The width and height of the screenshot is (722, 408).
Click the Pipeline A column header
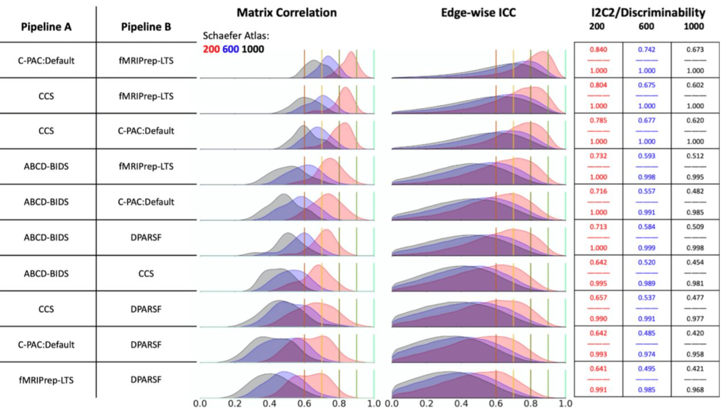pos(46,27)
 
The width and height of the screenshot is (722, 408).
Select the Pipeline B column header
pos(146,27)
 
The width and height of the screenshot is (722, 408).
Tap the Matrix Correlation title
pos(286,13)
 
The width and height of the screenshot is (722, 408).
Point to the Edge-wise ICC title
pos(478,13)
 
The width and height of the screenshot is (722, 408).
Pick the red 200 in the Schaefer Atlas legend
pos(211,49)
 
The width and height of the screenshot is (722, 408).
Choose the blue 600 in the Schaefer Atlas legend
pos(230,49)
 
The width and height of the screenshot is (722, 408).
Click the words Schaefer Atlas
pos(236,36)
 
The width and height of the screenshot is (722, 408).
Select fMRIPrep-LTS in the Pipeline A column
pos(46,380)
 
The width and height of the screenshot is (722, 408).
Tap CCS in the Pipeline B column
pos(146,273)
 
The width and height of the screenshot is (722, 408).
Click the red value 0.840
pos(598,49)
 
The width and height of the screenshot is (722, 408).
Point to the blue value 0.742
pos(646,49)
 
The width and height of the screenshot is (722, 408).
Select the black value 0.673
pos(695,49)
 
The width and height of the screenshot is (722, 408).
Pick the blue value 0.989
pos(646,283)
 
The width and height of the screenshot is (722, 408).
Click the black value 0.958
pos(695,354)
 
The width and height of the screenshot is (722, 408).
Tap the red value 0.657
pos(598,297)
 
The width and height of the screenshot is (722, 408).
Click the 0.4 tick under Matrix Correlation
pos(270,403)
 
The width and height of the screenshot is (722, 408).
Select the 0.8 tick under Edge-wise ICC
pos(531,403)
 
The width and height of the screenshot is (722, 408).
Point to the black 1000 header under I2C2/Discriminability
pos(693,27)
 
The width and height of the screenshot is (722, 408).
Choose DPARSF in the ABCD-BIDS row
pos(146,238)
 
